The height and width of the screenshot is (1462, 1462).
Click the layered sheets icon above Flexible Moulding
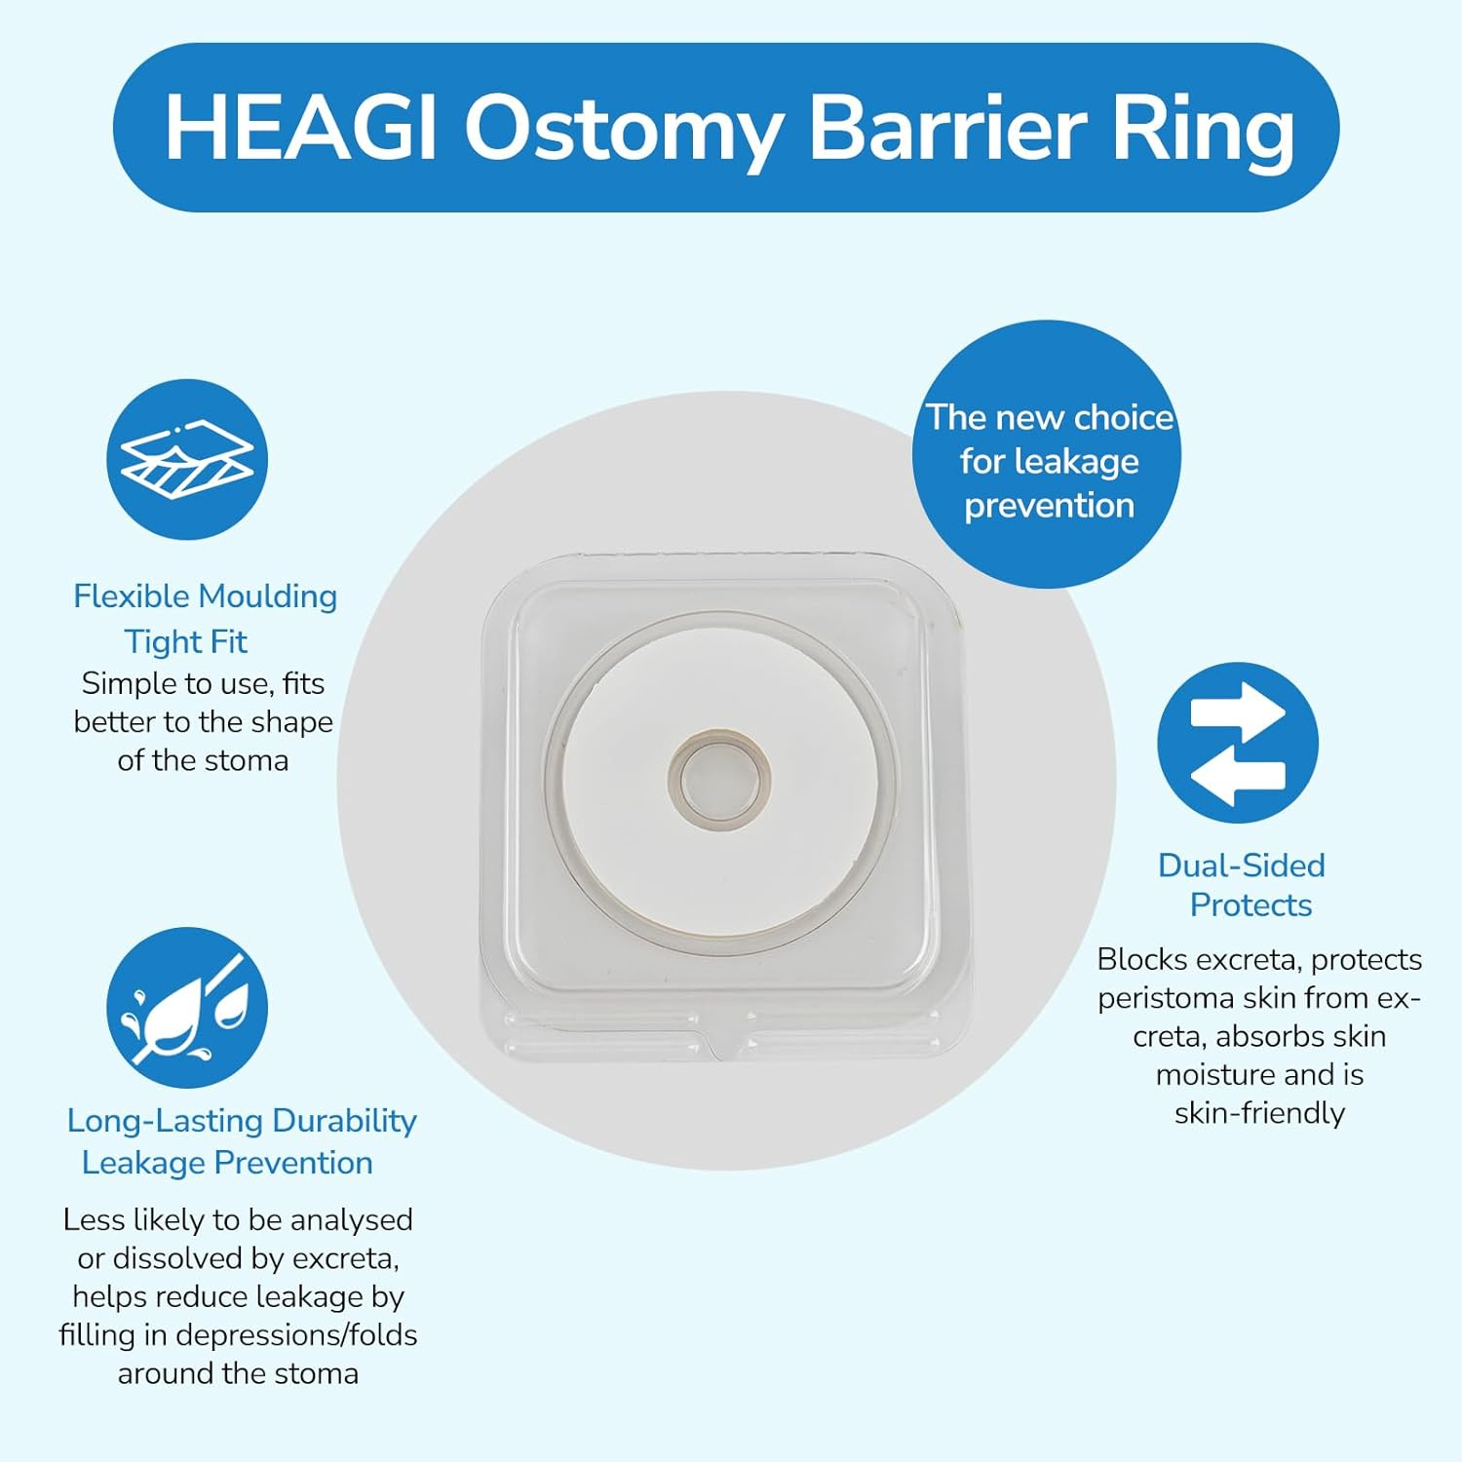pos(186,459)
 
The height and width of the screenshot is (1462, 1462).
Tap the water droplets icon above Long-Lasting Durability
pos(186,1007)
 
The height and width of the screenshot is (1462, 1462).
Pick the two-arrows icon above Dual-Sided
pos(1237,743)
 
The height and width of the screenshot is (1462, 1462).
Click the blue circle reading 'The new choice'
pos(1047,454)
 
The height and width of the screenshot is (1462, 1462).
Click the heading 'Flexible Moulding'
pos(205,596)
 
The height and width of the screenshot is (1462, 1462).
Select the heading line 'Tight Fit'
pos(185,642)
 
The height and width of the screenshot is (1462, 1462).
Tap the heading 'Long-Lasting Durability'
pos(241,1121)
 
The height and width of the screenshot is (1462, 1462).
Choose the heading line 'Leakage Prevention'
pos(227,1163)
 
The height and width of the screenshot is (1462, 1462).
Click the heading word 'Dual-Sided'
pos(1241,866)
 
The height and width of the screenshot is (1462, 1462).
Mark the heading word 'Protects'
pos(1250,905)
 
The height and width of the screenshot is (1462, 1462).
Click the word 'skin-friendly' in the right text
pos(1259,1113)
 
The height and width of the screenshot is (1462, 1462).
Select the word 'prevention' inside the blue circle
pos(1049,506)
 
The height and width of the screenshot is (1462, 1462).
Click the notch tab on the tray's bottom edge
pos(722,1047)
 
